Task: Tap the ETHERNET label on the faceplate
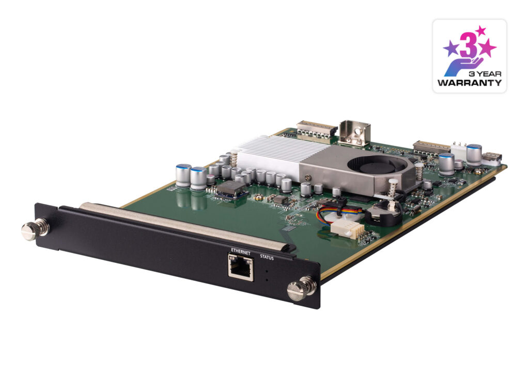(241, 252)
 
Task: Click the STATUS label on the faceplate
(267, 257)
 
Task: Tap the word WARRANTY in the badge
(469, 82)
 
